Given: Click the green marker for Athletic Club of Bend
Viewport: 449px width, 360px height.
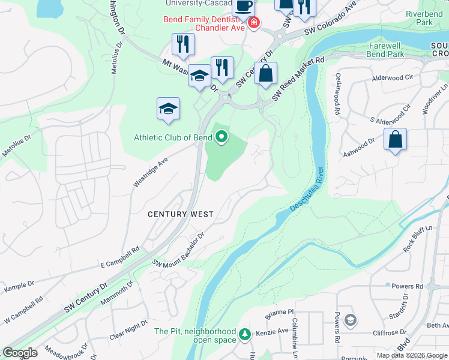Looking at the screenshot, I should point(221,138).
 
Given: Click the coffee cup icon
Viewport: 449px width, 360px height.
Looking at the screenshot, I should point(243,6).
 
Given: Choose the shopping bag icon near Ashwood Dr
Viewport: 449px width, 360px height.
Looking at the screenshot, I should point(396,140).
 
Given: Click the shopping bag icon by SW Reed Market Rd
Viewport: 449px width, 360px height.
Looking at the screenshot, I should point(265,74).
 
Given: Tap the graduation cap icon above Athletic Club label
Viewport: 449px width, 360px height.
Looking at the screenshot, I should point(169,109).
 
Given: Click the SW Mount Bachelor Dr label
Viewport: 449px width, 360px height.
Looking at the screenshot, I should point(179,250).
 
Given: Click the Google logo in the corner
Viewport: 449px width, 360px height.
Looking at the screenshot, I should point(19,353).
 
